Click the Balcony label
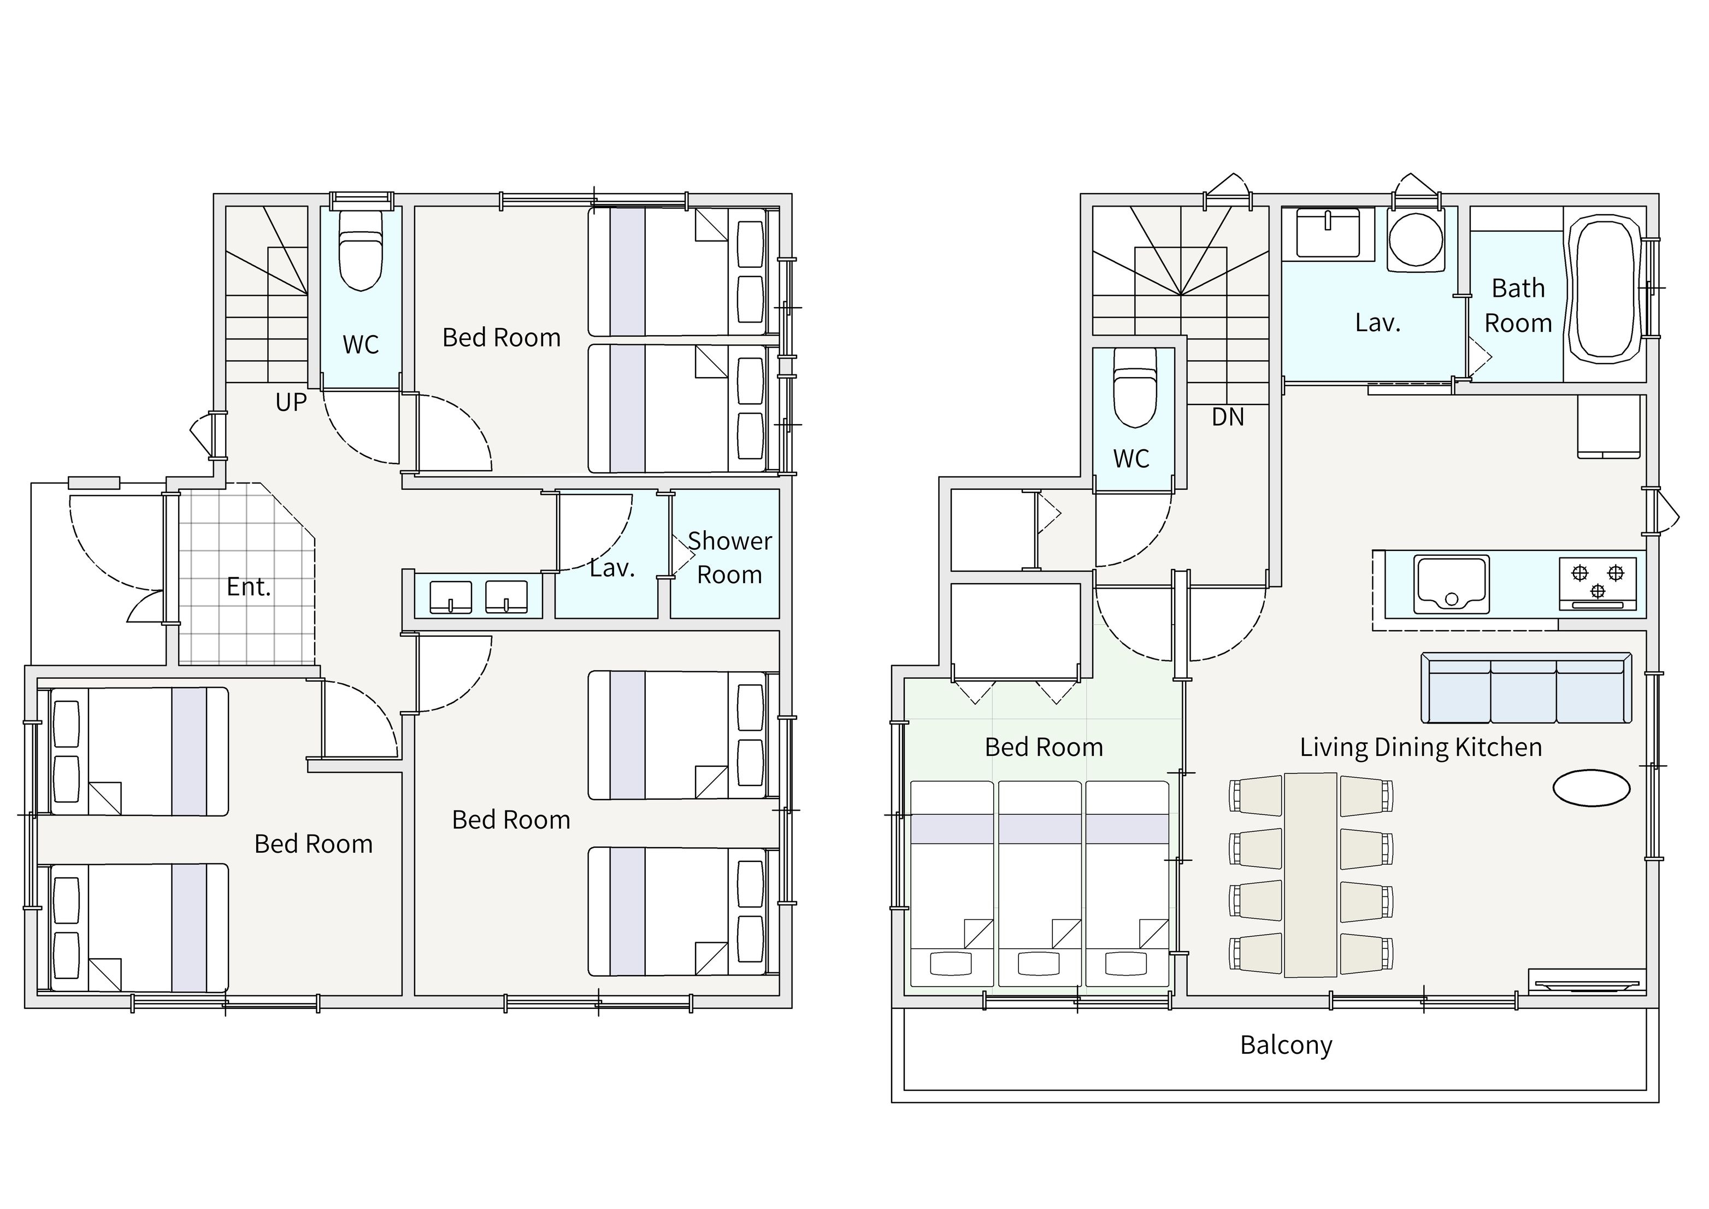click(1286, 1045)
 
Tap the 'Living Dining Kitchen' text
click(1421, 747)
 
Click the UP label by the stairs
click(291, 402)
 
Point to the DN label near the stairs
click(1228, 417)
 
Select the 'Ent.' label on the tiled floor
click(249, 586)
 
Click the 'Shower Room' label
click(729, 557)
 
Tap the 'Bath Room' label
click(1518, 305)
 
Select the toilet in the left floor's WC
click(361, 249)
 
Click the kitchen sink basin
click(1452, 584)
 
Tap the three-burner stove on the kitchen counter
click(1598, 583)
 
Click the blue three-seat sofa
click(1527, 688)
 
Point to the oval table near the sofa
click(1592, 788)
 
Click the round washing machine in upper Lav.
click(1416, 240)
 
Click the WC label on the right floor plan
click(1132, 459)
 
